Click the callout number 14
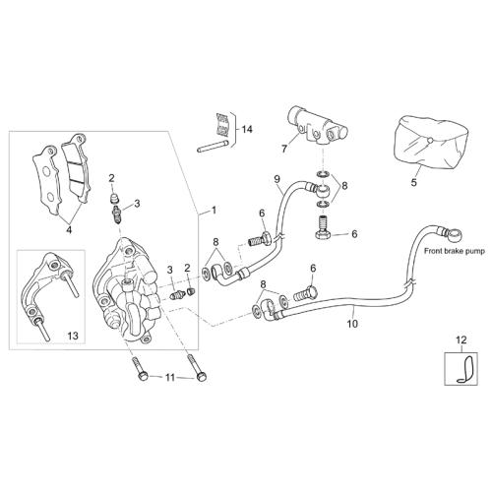247,129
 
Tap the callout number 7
284,149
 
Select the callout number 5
414,182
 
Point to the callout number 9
277,179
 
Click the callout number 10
352,324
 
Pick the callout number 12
461,339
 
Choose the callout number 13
73,336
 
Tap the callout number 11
170,378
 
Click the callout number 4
69,230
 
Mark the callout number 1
214,210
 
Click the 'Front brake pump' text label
455,251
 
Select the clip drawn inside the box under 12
465,369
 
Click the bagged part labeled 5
430,143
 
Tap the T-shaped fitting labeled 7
318,126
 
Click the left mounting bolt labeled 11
140,369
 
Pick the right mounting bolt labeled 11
197,368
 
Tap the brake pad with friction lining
76,168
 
